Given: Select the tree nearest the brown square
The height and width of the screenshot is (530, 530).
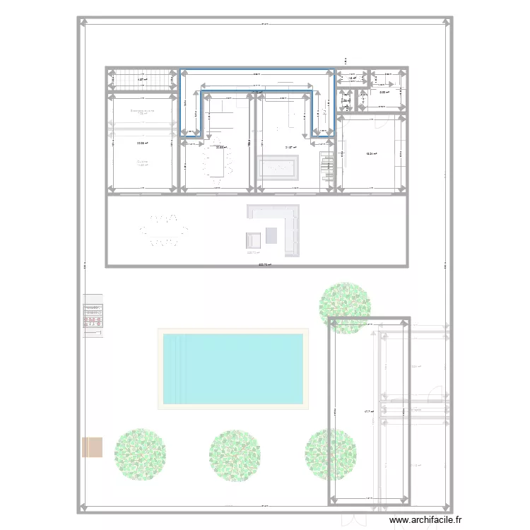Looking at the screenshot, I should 139,454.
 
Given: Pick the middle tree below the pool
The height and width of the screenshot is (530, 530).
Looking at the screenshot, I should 235,455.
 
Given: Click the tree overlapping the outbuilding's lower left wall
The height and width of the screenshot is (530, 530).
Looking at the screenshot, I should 329,455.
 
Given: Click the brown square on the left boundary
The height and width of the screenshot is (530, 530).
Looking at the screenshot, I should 93,447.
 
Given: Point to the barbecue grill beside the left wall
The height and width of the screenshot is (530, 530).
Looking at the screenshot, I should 93,315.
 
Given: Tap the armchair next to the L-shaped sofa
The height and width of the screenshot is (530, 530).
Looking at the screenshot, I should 254,239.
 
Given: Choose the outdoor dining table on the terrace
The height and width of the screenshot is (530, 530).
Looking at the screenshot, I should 163,230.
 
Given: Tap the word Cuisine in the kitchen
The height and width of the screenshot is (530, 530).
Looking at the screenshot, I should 143,162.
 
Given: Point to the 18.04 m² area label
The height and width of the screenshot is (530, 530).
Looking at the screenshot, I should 370,154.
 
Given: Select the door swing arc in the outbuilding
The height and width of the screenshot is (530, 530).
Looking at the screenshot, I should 439,393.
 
